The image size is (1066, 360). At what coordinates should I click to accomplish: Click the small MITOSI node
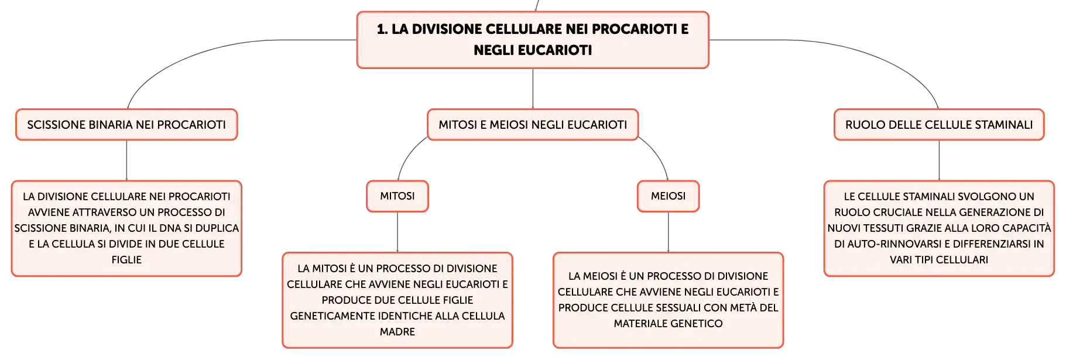397,196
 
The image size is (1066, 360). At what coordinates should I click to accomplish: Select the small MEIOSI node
668,196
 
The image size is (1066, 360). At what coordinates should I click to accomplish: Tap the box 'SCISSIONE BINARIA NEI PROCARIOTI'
126,125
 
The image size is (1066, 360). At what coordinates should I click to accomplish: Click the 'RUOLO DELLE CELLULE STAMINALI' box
939,125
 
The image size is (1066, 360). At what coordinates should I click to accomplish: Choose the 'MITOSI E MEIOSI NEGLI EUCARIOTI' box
533,125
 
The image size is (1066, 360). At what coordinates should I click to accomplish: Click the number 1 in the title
382,29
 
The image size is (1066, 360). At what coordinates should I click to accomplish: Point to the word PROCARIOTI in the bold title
634,29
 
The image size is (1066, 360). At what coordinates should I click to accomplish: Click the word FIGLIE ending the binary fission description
126,260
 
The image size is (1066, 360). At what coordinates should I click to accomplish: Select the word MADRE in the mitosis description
397,332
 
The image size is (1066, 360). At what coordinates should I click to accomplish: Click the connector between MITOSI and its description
397,232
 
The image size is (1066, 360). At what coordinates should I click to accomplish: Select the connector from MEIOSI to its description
668,232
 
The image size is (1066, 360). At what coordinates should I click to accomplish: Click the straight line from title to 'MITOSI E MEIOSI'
533,88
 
